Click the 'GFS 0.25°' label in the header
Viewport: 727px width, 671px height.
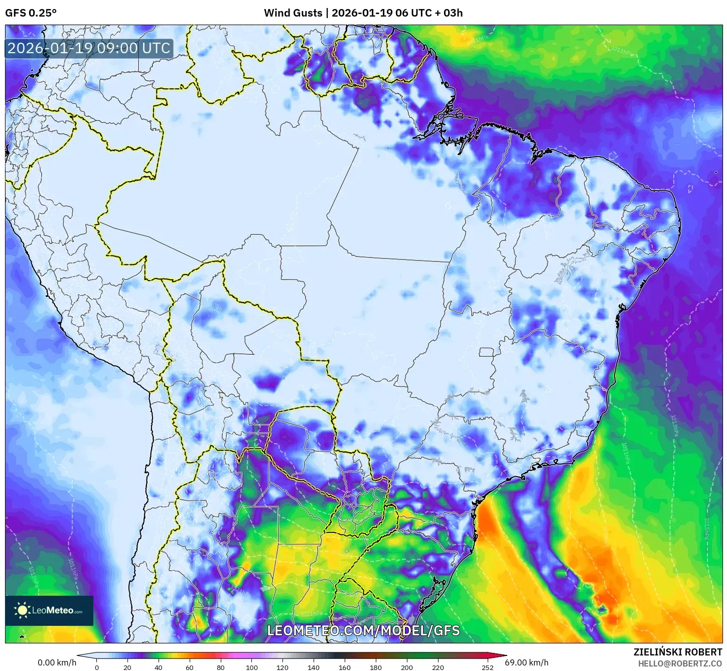click(31, 13)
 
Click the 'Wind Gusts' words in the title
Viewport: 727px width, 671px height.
click(293, 13)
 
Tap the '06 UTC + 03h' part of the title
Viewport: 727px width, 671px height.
click(429, 13)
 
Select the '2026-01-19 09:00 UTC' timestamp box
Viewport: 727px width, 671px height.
click(89, 49)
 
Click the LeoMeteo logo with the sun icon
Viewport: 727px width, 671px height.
click(49, 610)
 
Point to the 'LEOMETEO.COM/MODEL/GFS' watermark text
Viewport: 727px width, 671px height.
click(363, 630)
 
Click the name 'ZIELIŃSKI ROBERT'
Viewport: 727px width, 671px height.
click(678, 652)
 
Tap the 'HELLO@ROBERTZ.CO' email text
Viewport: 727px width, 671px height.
click(680, 663)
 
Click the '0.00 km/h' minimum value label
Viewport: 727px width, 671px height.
click(57, 662)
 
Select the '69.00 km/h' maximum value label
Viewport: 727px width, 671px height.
click(527, 662)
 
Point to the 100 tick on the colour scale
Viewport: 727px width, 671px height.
click(252, 667)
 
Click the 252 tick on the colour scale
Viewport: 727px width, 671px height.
click(487, 667)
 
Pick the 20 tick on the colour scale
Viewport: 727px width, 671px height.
click(127, 667)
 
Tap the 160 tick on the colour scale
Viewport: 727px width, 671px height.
click(345, 667)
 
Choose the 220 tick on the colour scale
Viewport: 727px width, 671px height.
click(438, 667)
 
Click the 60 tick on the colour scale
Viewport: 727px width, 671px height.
click(190, 667)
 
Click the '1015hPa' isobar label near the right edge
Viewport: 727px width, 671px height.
click(706, 528)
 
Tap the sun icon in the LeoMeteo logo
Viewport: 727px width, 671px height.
click(23, 610)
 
